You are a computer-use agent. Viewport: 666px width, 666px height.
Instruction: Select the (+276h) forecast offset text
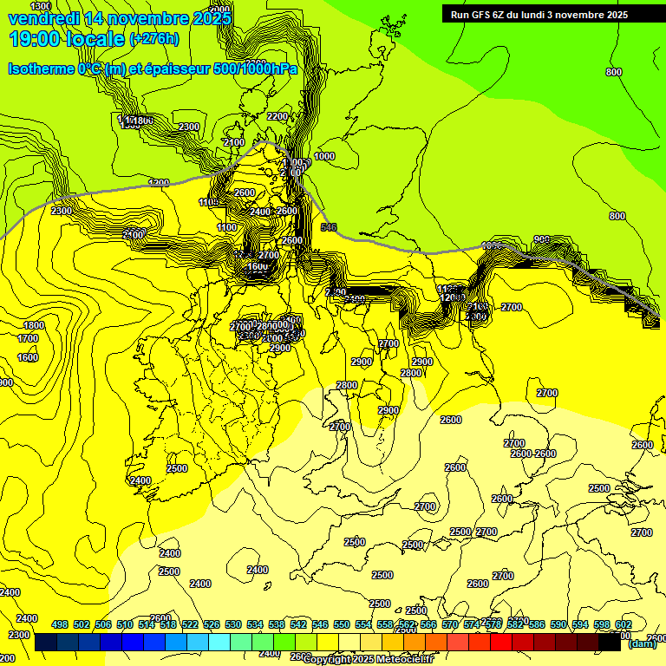point(154,38)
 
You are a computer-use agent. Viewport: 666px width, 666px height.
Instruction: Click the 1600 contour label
point(28,357)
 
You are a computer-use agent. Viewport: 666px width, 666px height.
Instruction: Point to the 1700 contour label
point(28,339)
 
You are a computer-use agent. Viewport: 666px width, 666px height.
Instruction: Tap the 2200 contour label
point(277,116)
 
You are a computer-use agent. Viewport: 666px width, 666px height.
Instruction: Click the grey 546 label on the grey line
point(329,227)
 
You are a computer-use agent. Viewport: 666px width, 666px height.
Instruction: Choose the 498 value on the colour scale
point(60,624)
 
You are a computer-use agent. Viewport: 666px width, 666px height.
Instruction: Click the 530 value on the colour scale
point(233,624)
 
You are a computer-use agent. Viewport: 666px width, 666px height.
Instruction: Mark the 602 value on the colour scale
point(624,624)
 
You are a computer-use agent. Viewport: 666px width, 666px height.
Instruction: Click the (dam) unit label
point(643,643)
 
